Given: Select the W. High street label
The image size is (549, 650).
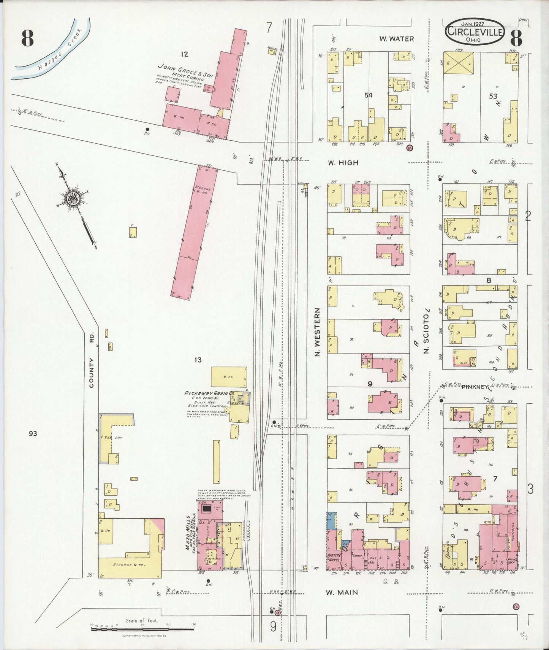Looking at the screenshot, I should coord(343,163).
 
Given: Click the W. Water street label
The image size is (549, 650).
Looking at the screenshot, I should coord(396,39).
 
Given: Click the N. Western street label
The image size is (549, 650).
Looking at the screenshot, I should coord(318,332).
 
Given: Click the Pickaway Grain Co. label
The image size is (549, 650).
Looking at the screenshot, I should coord(209,394).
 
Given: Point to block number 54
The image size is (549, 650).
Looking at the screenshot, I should coord(368,95).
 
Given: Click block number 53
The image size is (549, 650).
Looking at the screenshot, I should coord(493,96).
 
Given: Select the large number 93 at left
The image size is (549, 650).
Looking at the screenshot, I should coord(33,433).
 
